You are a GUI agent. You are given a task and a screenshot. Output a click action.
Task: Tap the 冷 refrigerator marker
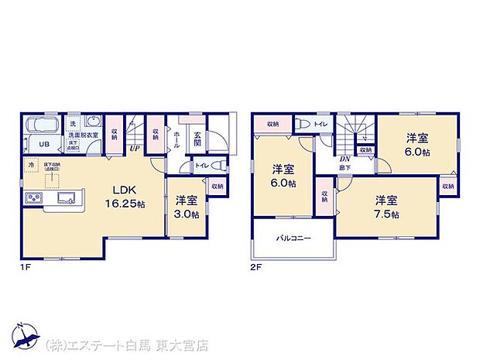[x=32, y=165]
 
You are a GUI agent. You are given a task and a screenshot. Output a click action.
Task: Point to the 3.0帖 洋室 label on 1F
[x=184, y=207]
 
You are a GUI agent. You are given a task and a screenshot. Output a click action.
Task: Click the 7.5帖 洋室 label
[x=385, y=207]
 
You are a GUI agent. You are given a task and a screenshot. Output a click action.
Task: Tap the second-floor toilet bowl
[x=302, y=124]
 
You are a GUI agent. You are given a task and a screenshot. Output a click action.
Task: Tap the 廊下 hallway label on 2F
[x=341, y=167]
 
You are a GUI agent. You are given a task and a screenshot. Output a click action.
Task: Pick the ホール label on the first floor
[x=177, y=139]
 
